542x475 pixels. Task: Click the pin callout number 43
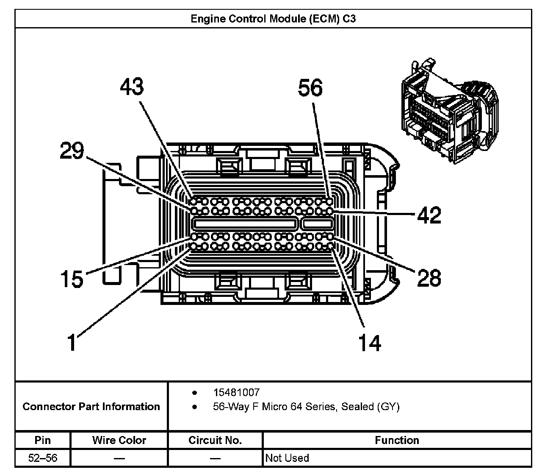132,87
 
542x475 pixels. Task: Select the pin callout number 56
310,87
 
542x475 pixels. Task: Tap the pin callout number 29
72,150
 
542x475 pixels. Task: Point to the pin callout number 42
429,215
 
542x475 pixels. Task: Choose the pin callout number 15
72,279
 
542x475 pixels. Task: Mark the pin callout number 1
72,342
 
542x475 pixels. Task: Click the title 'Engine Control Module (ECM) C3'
273,19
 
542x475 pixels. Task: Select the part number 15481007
237,392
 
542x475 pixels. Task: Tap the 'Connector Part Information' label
91,407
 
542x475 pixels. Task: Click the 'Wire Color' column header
119,440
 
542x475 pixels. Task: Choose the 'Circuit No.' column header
215,440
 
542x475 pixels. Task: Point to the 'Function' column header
397,440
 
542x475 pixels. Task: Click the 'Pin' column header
43,440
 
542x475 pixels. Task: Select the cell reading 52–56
43,458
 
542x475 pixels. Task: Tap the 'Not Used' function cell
287,458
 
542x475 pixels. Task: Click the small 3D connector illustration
450,111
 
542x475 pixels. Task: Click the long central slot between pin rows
244,224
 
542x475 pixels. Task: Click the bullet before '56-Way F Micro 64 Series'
195,407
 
